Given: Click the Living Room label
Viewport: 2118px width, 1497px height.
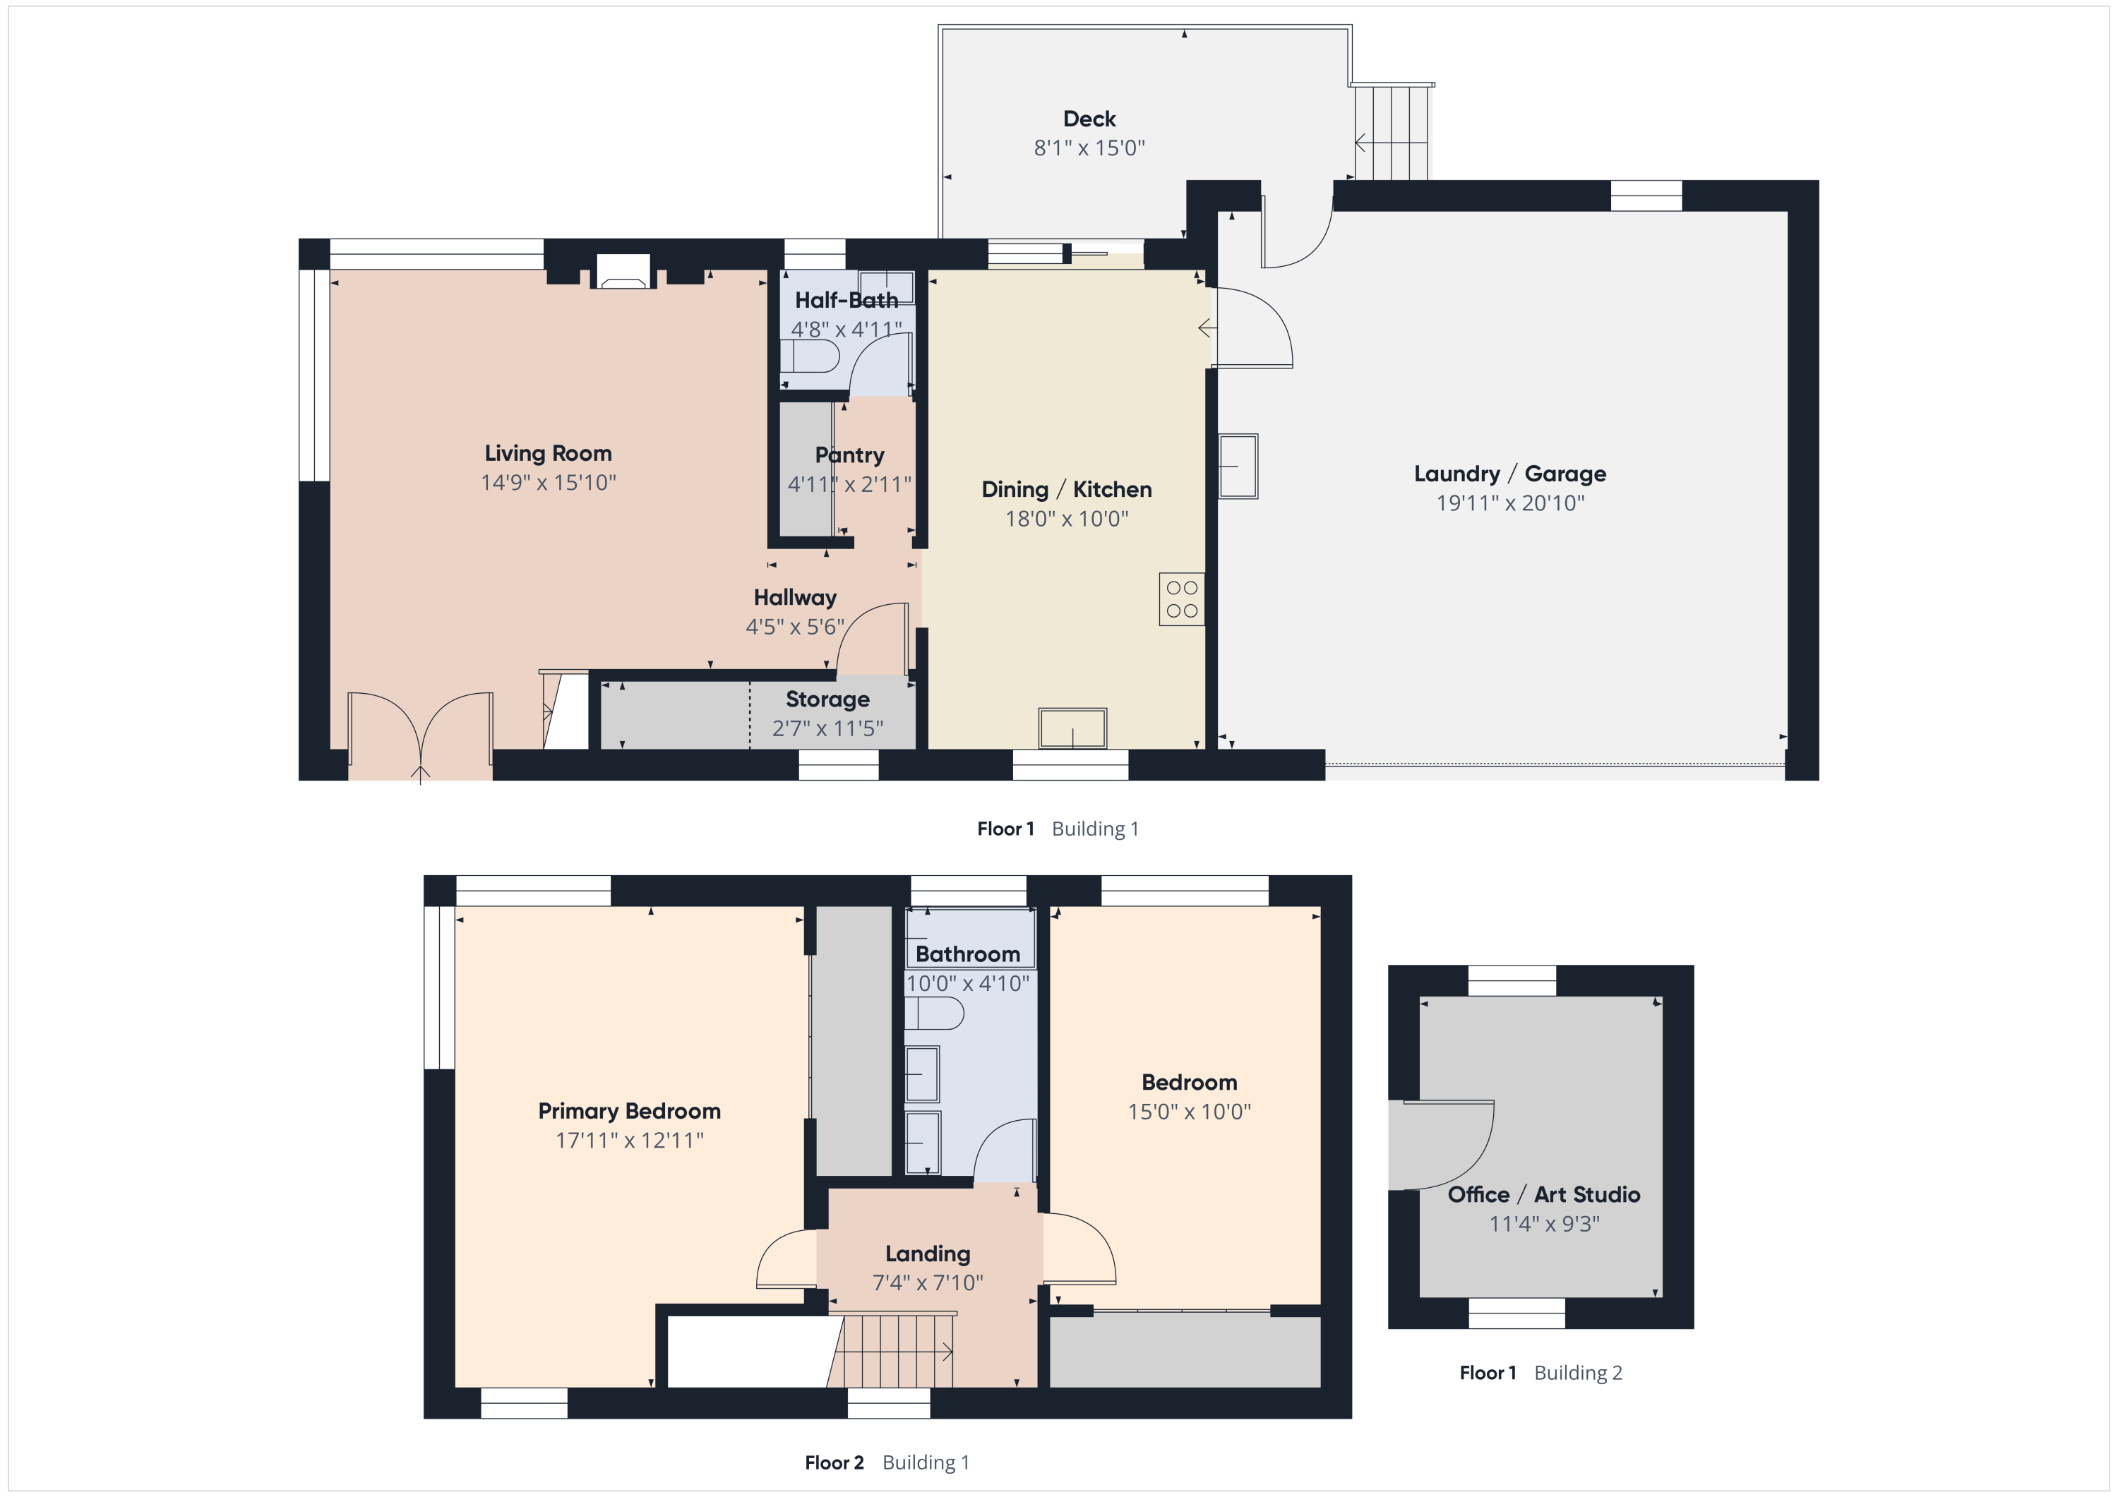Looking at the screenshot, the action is [x=548, y=453].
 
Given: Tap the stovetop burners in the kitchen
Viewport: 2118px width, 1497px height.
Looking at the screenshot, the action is [x=1182, y=599].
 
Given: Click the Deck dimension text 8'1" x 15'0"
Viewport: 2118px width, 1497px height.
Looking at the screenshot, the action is [x=1089, y=148].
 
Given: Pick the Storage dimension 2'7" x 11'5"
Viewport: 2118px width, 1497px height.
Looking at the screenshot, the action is [x=827, y=728].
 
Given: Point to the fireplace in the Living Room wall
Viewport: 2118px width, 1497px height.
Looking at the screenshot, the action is [x=623, y=272].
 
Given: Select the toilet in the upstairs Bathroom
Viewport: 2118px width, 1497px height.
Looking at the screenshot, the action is [x=933, y=1014].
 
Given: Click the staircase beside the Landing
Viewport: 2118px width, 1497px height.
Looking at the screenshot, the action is [x=890, y=1352].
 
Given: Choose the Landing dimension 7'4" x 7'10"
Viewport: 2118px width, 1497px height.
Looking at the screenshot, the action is [x=928, y=1282].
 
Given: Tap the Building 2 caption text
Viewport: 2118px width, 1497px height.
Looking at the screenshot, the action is [x=1577, y=1373].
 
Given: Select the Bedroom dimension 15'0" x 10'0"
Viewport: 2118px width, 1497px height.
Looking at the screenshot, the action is [x=1189, y=1112].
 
